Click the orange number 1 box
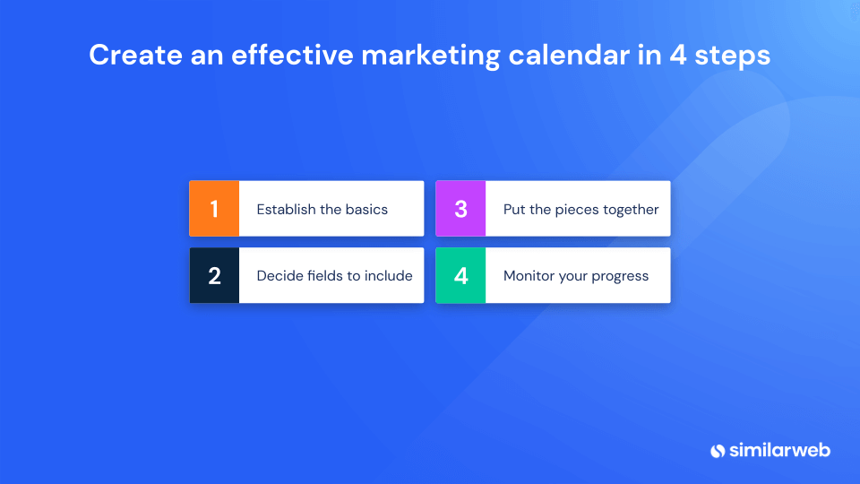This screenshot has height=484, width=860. tap(214, 209)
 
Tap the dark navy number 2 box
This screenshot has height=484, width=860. tap(214, 276)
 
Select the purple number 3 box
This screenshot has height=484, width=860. tap(460, 209)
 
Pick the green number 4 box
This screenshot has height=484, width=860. tap(460, 276)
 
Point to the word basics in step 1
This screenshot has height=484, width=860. tap(366, 209)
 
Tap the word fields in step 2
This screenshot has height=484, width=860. tap(325, 276)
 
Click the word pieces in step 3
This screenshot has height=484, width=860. tap(574, 209)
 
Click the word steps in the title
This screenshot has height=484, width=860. tap(736, 56)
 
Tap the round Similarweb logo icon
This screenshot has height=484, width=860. tap(718, 450)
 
